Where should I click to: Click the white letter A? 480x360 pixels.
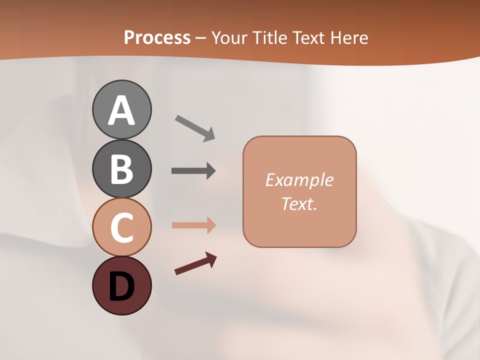click(121, 110)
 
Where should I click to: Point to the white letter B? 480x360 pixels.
click(121, 169)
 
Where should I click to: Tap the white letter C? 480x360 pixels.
click(121, 228)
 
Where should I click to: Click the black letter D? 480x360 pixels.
click(121, 286)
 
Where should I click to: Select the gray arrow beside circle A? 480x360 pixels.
click(195, 128)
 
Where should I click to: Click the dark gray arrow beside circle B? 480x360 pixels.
click(193, 171)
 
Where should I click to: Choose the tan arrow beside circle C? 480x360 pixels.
click(193, 225)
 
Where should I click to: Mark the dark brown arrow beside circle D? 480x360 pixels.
click(195, 263)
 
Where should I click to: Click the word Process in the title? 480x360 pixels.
click(157, 37)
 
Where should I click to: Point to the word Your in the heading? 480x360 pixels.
click(229, 37)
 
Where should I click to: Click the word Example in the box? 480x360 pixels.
click(299, 180)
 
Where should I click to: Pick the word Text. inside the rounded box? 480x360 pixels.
click(299, 203)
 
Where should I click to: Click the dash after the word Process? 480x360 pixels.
click(201, 38)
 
